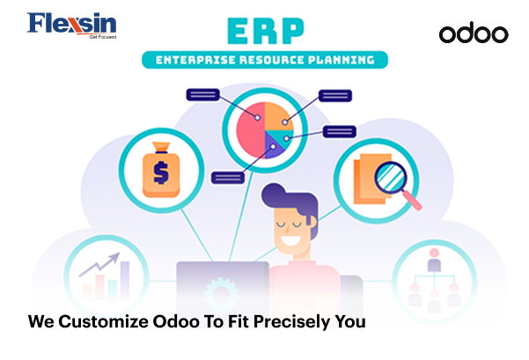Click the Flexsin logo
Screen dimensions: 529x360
click(x=72, y=26)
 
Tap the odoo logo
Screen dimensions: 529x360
click(x=474, y=33)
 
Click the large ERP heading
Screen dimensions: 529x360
click(x=266, y=31)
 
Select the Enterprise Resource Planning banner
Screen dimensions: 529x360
click(x=265, y=60)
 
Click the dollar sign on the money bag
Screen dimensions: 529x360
click(x=161, y=173)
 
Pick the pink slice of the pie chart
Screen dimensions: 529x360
click(x=250, y=130)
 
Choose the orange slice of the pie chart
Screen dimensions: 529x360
click(x=279, y=116)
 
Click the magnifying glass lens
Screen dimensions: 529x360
click(x=391, y=177)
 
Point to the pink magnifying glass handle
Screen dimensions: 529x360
click(x=412, y=201)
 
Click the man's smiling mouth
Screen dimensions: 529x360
click(x=291, y=240)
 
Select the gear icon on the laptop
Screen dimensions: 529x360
click(x=221, y=294)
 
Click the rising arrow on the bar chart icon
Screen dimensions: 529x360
click(x=99, y=264)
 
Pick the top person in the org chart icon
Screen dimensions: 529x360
click(x=434, y=260)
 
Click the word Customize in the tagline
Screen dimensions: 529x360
click(x=103, y=321)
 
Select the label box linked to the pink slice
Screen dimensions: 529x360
click(x=202, y=95)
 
